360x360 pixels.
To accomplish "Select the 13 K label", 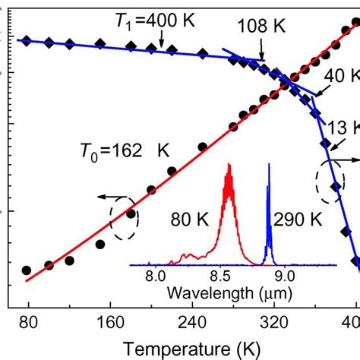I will pos(343,128).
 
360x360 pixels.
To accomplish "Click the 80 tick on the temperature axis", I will pos(28,321).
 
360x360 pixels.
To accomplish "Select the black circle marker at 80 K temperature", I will pos(27,270).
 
